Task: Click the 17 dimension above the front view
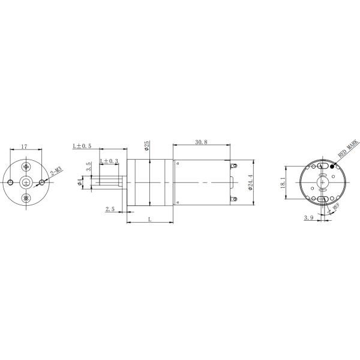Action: [x=23, y=146]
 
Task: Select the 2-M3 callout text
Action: [x=56, y=173]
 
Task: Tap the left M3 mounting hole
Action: [x=11, y=182]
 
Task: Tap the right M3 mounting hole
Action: [x=41, y=182]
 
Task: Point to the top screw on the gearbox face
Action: [x=26, y=166]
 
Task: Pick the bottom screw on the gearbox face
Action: [x=26, y=198]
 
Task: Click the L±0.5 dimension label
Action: [x=82, y=146]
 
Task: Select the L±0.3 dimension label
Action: [x=109, y=161]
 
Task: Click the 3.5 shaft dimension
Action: [x=89, y=167]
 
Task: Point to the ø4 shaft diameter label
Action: [x=80, y=182]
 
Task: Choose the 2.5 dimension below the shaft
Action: [x=110, y=209]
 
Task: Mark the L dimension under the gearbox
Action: [x=149, y=220]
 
